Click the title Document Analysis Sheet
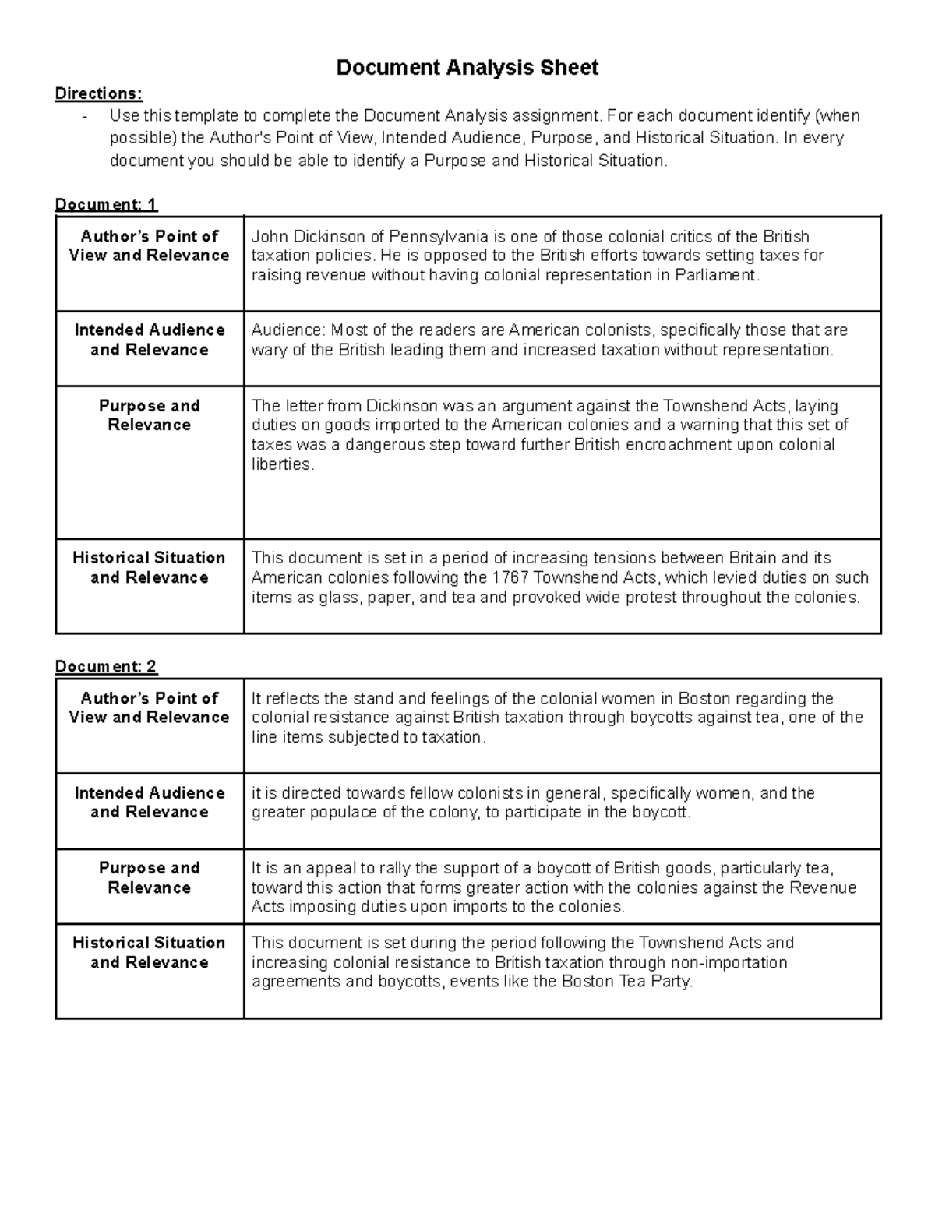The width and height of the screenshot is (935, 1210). click(467, 68)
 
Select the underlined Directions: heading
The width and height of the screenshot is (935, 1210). click(99, 93)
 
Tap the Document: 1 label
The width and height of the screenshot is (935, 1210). click(106, 204)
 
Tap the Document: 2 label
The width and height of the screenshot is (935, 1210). click(106, 666)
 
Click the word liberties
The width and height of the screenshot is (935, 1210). click(281, 464)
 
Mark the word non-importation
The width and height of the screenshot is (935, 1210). click(729, 962)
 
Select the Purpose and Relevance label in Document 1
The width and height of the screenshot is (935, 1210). click(149, 415)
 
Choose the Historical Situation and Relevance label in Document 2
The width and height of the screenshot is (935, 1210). click(149, 952)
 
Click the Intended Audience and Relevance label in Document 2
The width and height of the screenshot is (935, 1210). click(149, 802)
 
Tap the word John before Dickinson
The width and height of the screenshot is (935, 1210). click(269, 236)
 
